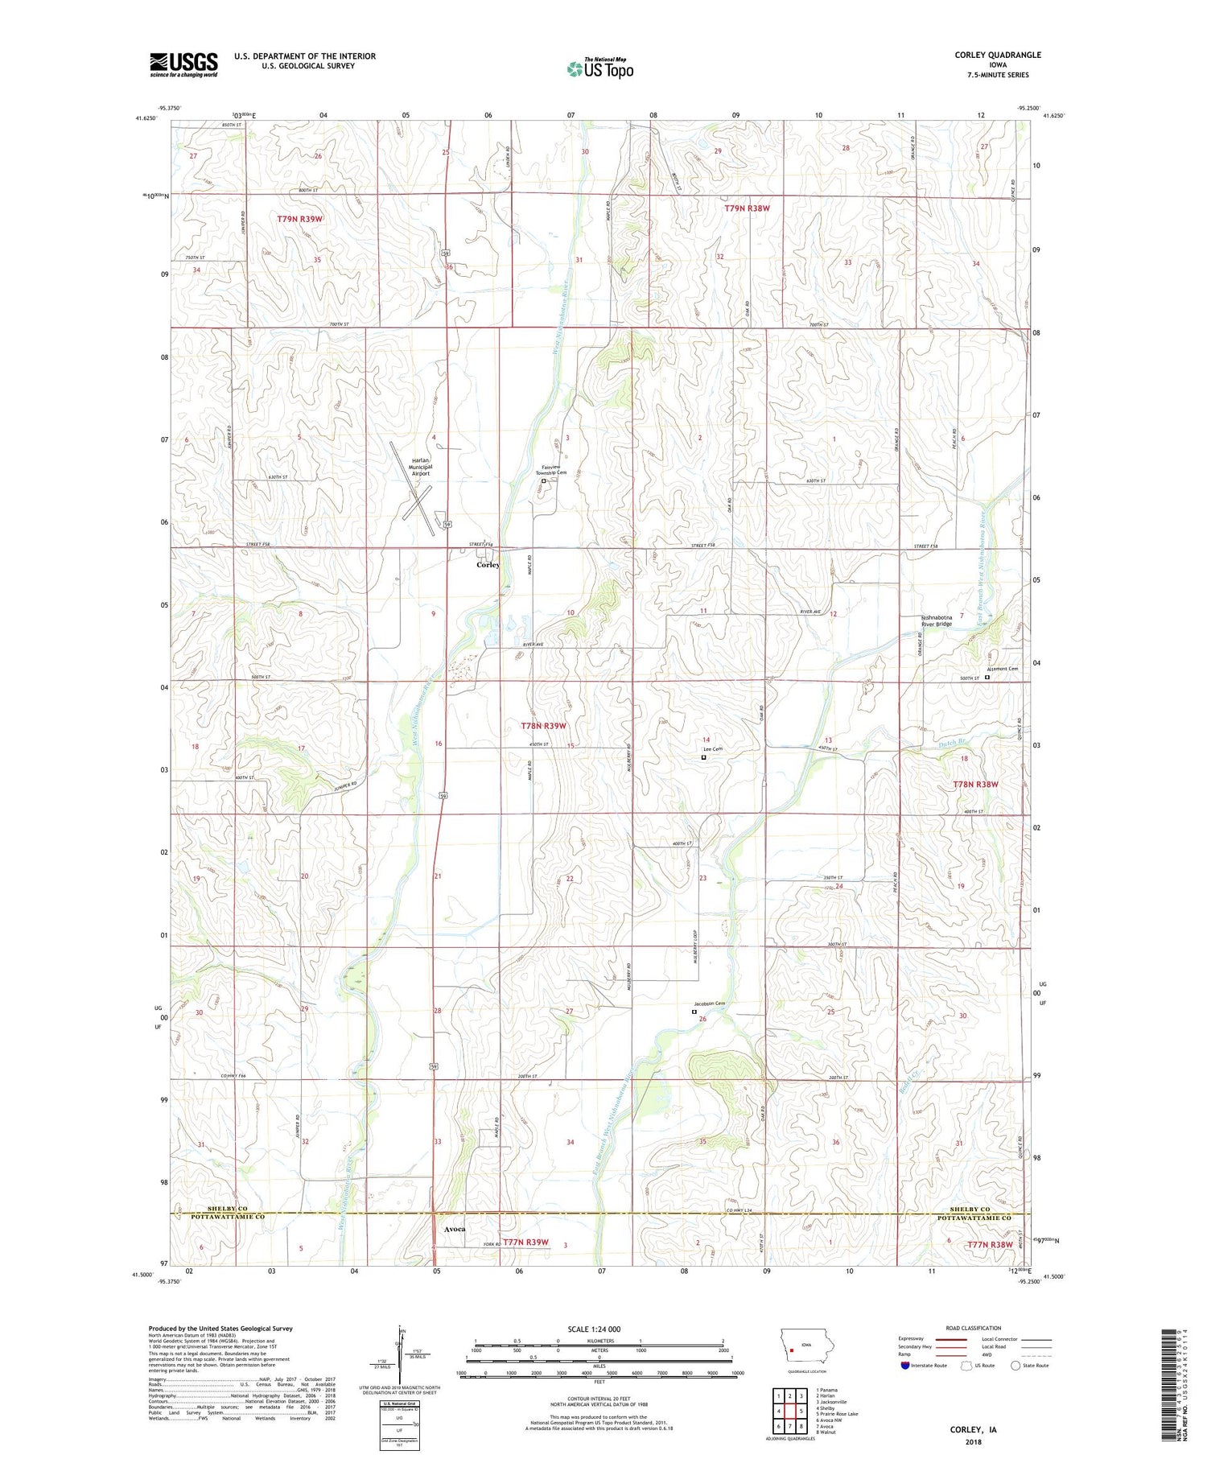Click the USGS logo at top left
pyautogui.click(x=183, y=64)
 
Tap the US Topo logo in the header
pyautogui.click(x=600, y=69)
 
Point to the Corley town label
pyautogui.click(x=488, y=564)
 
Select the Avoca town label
pyautogui.click(x=454, y=1230)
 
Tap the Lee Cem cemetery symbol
pyautogui.click(x=703, y=756)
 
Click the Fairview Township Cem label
pyautogui.click(x=553, y=470)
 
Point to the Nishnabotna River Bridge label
pyautogui.click(x=937, y=620)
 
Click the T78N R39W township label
pyautogui.click(x=544, y=726)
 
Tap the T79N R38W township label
pyautogui.click(x=747, y=208)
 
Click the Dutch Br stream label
pyautogui.click(x=952, y=742)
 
